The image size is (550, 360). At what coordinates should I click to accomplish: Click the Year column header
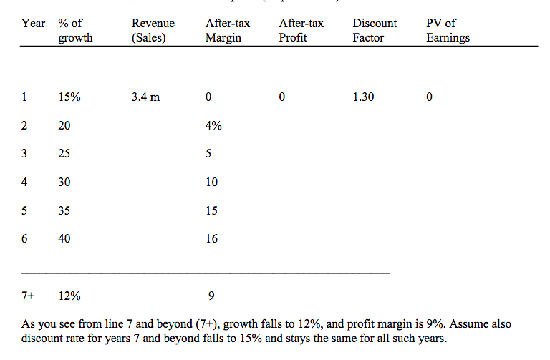coord(33,24)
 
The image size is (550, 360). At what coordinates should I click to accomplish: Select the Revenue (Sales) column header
coord(153,31)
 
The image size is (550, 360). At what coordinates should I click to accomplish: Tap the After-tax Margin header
coord(227,31)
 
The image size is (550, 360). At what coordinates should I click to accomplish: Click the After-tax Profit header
coord(301,31)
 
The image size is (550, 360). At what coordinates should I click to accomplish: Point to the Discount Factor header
coord(375,31)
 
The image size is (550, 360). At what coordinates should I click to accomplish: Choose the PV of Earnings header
coord(448,31)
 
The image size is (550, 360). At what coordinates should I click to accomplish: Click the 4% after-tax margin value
coord(213,125)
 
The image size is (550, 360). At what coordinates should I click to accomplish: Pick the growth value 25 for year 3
coord(64,154)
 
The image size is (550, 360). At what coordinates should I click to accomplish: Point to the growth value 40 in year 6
coord(64,239)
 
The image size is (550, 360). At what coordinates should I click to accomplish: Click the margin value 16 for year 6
coord(211,239)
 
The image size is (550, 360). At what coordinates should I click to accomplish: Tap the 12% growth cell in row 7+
coord(69,296)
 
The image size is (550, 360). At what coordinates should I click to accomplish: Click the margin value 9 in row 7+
coord(211,296)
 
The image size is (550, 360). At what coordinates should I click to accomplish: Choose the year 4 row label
coord(25,183)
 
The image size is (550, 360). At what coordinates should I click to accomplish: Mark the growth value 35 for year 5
coord(64,211)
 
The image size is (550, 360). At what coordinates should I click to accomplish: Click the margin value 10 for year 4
coord(211,183)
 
